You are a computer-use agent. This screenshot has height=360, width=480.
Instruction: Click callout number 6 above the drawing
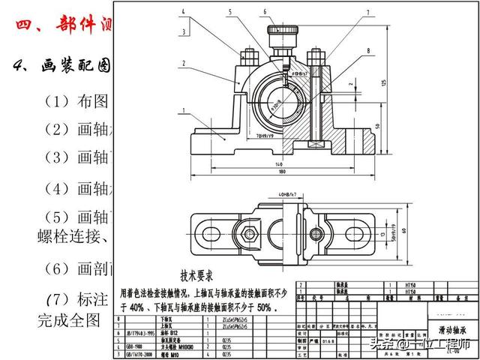coord(264,11)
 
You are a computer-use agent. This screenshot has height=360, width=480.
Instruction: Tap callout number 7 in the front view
coord(368,13)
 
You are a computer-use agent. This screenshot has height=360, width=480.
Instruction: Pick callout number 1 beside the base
coord(181,111)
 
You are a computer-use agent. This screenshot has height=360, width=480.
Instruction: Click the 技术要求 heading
coord(202,275)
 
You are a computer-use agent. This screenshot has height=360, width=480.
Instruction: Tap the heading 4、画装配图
coord(63,66)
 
